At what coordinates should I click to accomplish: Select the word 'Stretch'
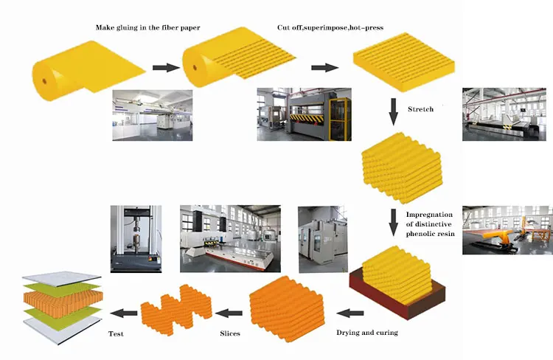coord(420,108)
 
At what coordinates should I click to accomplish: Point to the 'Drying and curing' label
coord(366,333)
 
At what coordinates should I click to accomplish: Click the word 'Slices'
coord(230,333)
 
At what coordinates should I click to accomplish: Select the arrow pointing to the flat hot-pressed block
coord(324,67)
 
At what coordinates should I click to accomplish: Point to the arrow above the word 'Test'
coord(131,314)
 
